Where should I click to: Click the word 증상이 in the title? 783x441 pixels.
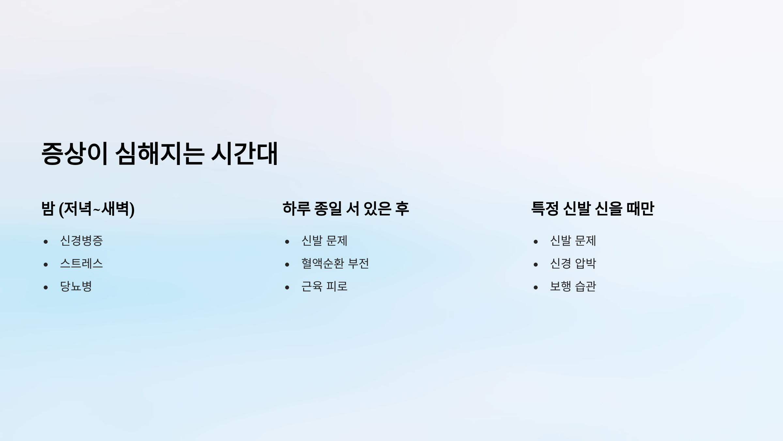pyautogui.click(x=74, y=154)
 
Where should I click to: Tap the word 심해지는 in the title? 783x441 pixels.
pyautogui.click(x=160, y=154)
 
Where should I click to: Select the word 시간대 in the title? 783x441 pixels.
pyautogui.click(x=245, y=154)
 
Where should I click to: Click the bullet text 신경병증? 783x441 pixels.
pyautogui.click(x=82, y=241)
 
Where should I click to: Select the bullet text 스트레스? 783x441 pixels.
pyautogui.click(x=82, y=264)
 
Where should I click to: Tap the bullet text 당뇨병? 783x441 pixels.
pyautogui.click(x=76, y=286)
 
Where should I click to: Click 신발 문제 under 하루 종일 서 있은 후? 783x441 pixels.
pyautogui.click(x=324, y=241)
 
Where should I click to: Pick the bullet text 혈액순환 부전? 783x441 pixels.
pyautogui.click(x=335, y=264)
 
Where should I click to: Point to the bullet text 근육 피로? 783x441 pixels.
pyautogui.click(x=324, y=286)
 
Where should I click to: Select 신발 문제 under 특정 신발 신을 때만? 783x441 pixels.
pyautogui.click(x=573, y=241)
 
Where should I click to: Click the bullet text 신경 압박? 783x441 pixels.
pyautogui.click(x=573, y=264)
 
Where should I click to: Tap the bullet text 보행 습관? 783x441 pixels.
pyautogui.click(x=573, y=286)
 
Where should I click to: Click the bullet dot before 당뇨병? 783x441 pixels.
pyautogui.click(x=46, y=287)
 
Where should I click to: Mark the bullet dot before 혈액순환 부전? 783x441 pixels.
pyautogui.click(x=287, y=265)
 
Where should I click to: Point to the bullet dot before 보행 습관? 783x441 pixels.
pyautogui.click(x=536, y=287)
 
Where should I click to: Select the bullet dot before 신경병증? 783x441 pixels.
pyautogui.click(x=46, y=242)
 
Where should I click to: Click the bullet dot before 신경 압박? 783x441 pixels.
pyautogui.click(x=536, y=265)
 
